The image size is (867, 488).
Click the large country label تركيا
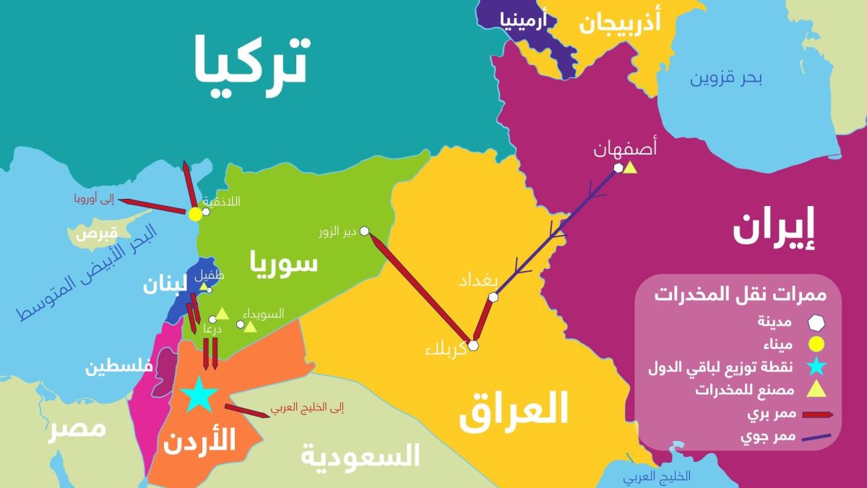coord(251,59)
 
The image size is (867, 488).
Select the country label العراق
coord(514,411)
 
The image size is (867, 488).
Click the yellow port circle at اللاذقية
coord(195,214)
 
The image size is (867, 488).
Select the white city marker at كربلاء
coord(473,345)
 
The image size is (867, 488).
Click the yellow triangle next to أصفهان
coord(630,168)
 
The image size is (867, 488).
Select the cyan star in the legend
coord(819,368)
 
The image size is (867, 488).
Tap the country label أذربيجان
coord(620,24)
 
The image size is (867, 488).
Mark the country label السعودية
coord(360,455)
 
